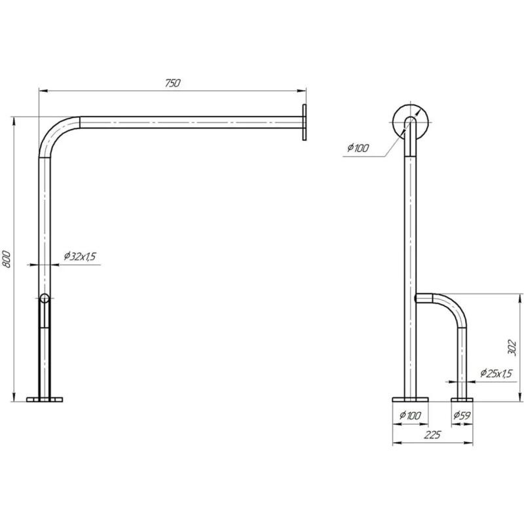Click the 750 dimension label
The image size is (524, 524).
pos(172,83)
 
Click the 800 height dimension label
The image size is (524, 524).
pos(7,259)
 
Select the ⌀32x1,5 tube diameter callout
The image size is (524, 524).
pos(80,256)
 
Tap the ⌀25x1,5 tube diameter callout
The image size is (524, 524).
pos(496,373)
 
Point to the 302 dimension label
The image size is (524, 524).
pos(512,348)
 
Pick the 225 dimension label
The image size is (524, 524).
pos(432,435)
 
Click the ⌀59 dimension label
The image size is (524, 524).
pos(462,415)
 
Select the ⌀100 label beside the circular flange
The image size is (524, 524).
pos(358,148)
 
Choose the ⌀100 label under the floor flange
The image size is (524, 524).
pos(410,415)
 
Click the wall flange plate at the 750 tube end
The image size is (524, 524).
pos(304,122)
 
